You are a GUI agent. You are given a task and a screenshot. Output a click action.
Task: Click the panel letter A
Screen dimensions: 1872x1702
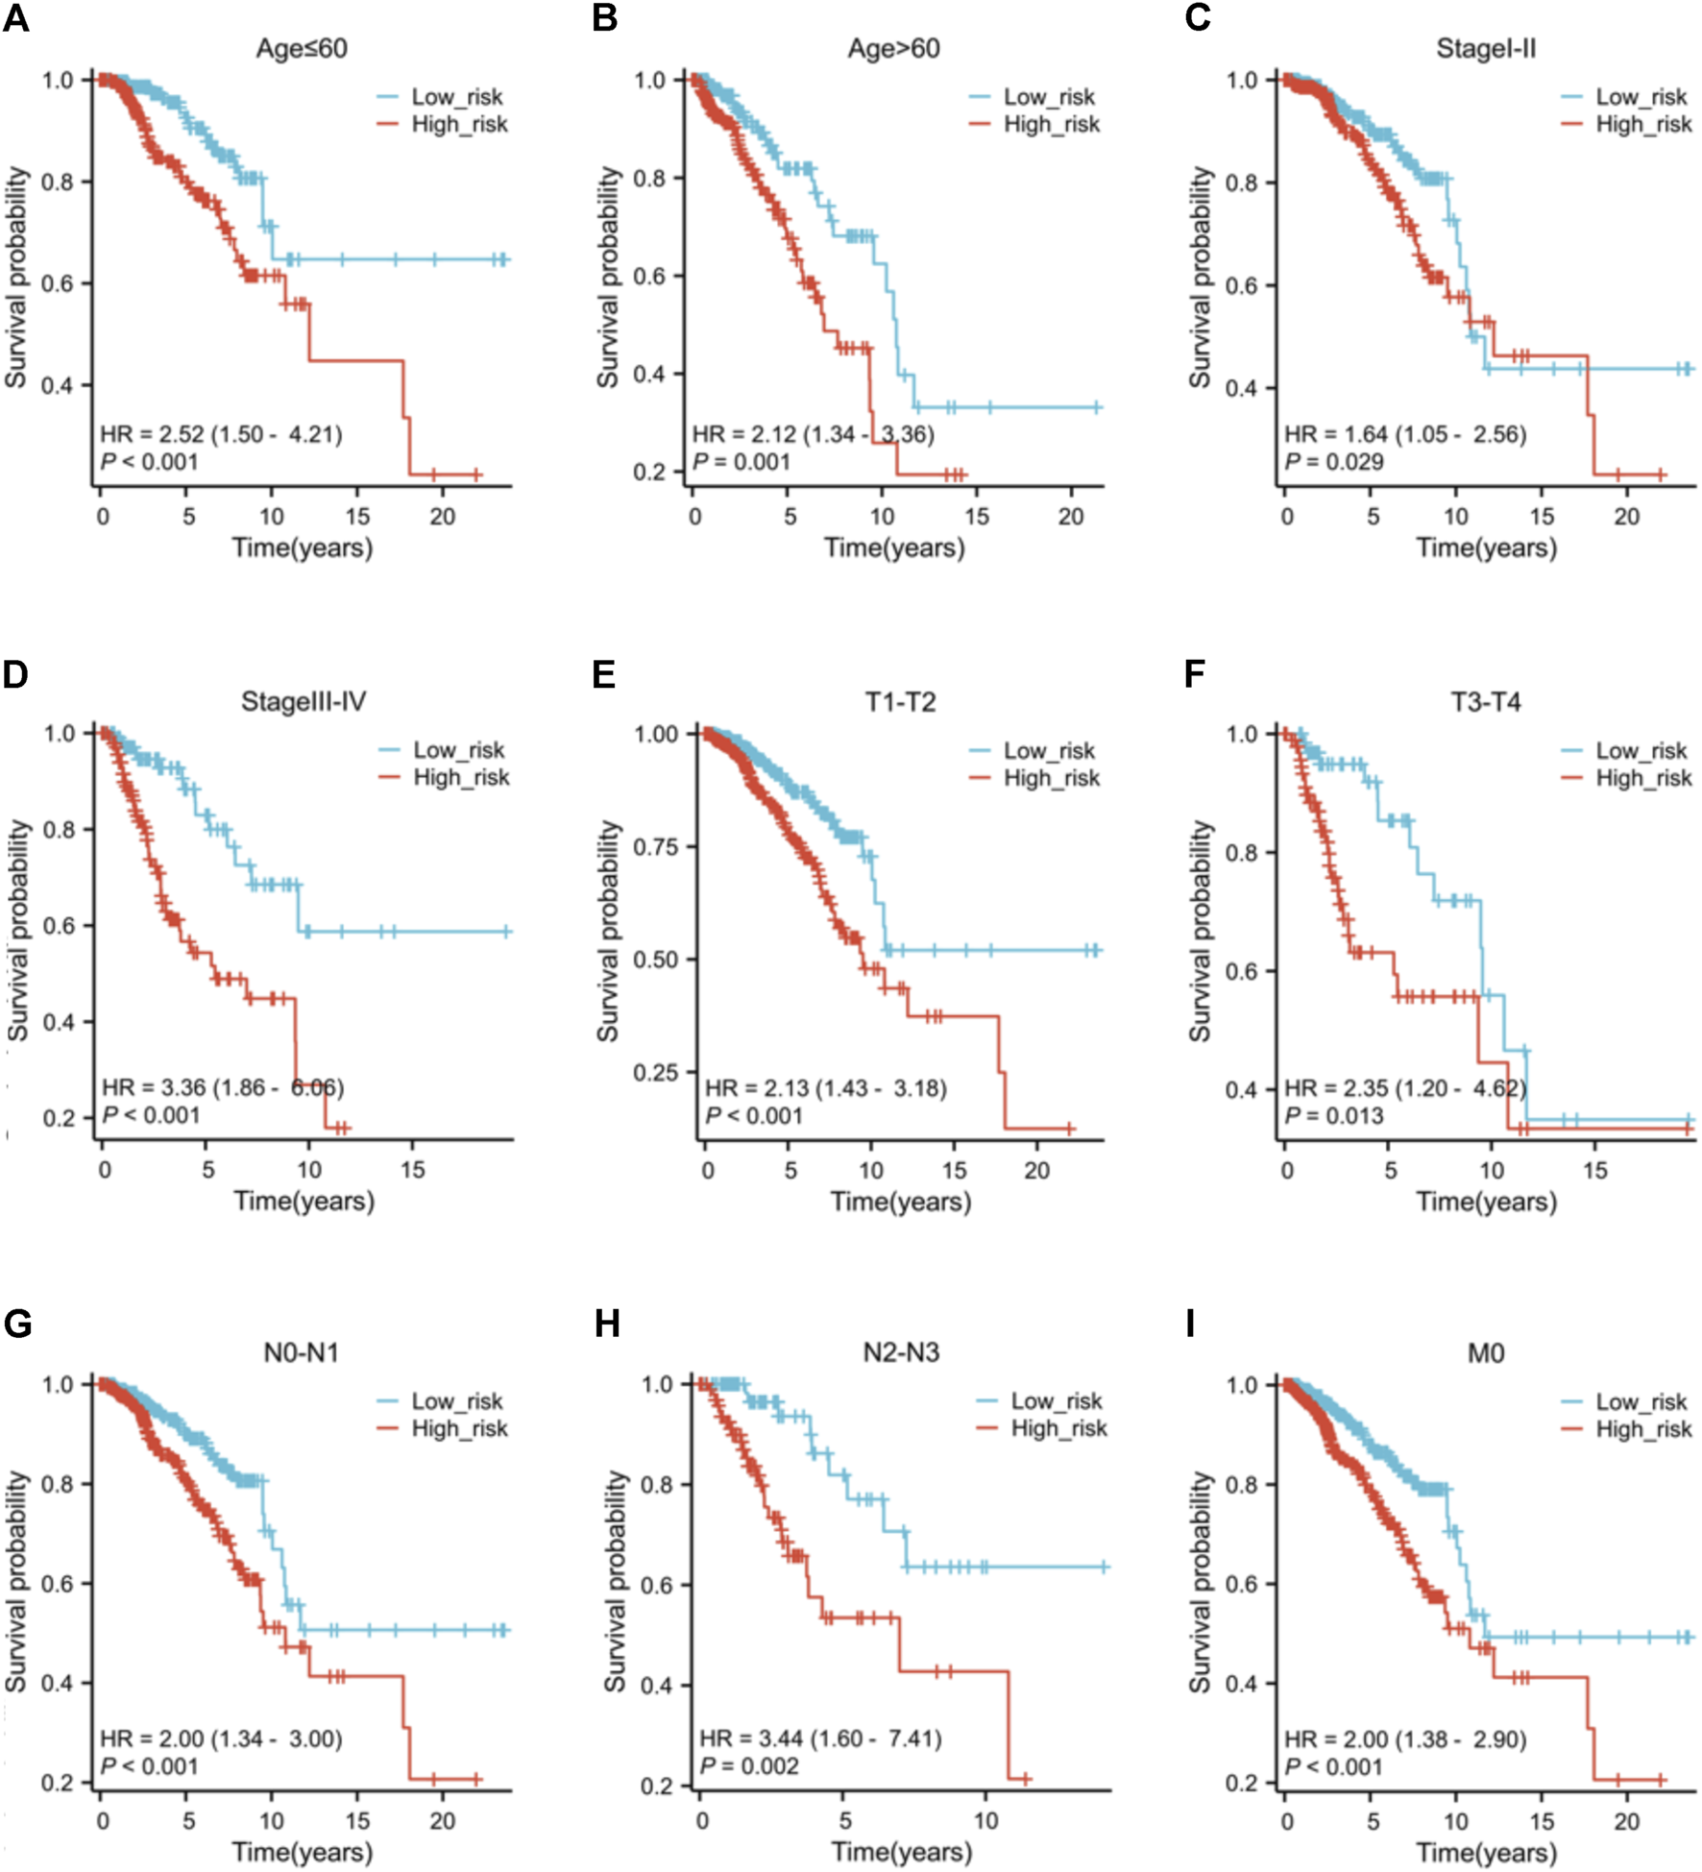point(16,18)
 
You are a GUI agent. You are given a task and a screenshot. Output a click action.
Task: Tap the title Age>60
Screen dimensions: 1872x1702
point(893,48)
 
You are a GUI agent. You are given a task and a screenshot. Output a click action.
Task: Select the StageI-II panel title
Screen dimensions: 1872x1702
point(1486,48)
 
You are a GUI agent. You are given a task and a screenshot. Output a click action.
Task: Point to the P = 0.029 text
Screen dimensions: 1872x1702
point(1334,462)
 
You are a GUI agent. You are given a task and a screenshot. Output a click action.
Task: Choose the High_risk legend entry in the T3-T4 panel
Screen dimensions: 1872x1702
point(1643,778)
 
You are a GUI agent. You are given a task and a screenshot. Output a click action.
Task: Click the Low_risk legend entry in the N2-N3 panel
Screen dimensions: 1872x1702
point(1057,1401)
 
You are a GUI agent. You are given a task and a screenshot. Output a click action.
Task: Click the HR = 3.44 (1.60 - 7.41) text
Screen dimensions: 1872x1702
point(820,1738)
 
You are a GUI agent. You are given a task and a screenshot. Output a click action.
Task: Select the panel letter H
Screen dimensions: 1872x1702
point(607,1325)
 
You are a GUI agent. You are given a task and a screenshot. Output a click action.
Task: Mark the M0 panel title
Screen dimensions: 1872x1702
point(1486,1353)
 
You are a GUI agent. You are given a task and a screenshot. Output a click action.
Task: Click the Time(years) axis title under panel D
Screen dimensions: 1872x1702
point(304,1201)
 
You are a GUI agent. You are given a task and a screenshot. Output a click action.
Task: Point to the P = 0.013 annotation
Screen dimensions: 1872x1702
point(1334,1115)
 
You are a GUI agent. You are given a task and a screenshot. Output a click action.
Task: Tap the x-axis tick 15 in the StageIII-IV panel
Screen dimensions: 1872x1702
point(412,1170)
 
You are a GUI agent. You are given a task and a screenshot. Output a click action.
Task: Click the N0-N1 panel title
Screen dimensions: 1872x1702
point(301,1353)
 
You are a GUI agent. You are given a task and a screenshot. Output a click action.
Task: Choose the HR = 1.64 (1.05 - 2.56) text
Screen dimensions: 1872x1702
point(1405,434)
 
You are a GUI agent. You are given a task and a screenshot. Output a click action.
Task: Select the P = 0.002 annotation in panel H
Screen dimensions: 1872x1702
point(749,1766)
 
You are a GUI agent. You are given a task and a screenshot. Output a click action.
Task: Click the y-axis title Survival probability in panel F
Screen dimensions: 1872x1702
point(1200,931)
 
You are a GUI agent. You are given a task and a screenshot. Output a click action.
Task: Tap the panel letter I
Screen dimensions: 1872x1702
point(1191,1325)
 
